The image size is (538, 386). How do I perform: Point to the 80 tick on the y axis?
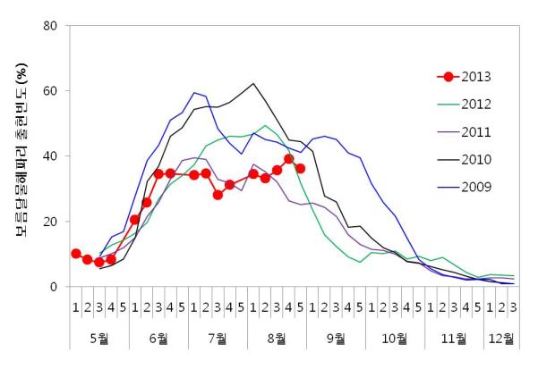click(52, 26)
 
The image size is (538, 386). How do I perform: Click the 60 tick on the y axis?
click(52, 91)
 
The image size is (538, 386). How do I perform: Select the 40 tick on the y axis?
click(52, 156)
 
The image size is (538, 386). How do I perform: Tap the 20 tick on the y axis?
click(52, 222)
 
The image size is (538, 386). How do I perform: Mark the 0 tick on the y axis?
click(56, 287)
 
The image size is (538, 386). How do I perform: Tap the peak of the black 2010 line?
click(253, 84)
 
